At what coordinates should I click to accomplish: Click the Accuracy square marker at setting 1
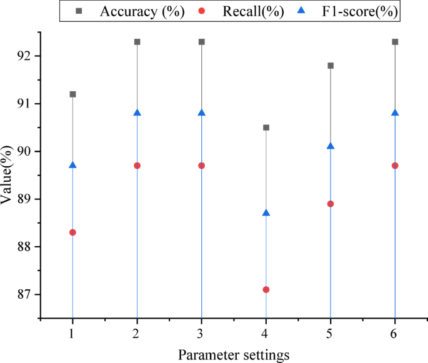pos(72,94)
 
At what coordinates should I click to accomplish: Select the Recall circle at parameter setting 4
pos(266,289)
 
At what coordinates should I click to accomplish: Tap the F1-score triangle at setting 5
pos(331,146)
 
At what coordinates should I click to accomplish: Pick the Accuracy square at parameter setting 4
pos(266,127)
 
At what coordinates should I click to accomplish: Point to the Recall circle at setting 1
pos(72,232)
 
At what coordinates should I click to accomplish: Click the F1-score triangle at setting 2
pos(137,112)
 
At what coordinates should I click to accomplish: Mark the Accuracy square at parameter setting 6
pos(395,42)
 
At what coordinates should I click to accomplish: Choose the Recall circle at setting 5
pos(331,204)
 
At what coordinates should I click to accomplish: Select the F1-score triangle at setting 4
pos(266,212)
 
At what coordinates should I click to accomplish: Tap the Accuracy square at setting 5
pos(331,66)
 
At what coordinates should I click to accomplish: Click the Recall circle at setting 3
pos(202,166)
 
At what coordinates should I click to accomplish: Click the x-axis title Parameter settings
pos(234,354)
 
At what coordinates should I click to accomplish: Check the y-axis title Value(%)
pos(8,174)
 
